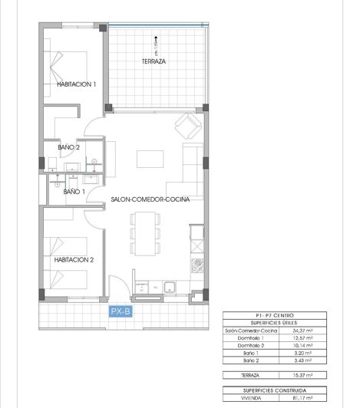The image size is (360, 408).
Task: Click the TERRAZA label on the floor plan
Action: pyautogui.click(x=154, y=61)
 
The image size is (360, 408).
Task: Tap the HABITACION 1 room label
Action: pyautogui.click(x=76, y=84)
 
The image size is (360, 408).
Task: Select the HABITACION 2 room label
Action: pyautogui.click(x=74, y=260)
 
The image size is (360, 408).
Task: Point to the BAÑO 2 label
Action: pyautogui.click(x=69, y=146)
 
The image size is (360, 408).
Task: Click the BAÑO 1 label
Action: pyautogui.click(x=74, y=192)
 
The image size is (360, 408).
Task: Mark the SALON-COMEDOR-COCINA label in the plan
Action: pyautogui.click(x=150, y=199)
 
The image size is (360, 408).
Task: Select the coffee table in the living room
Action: pyautogui.click(x=150, y=159)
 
